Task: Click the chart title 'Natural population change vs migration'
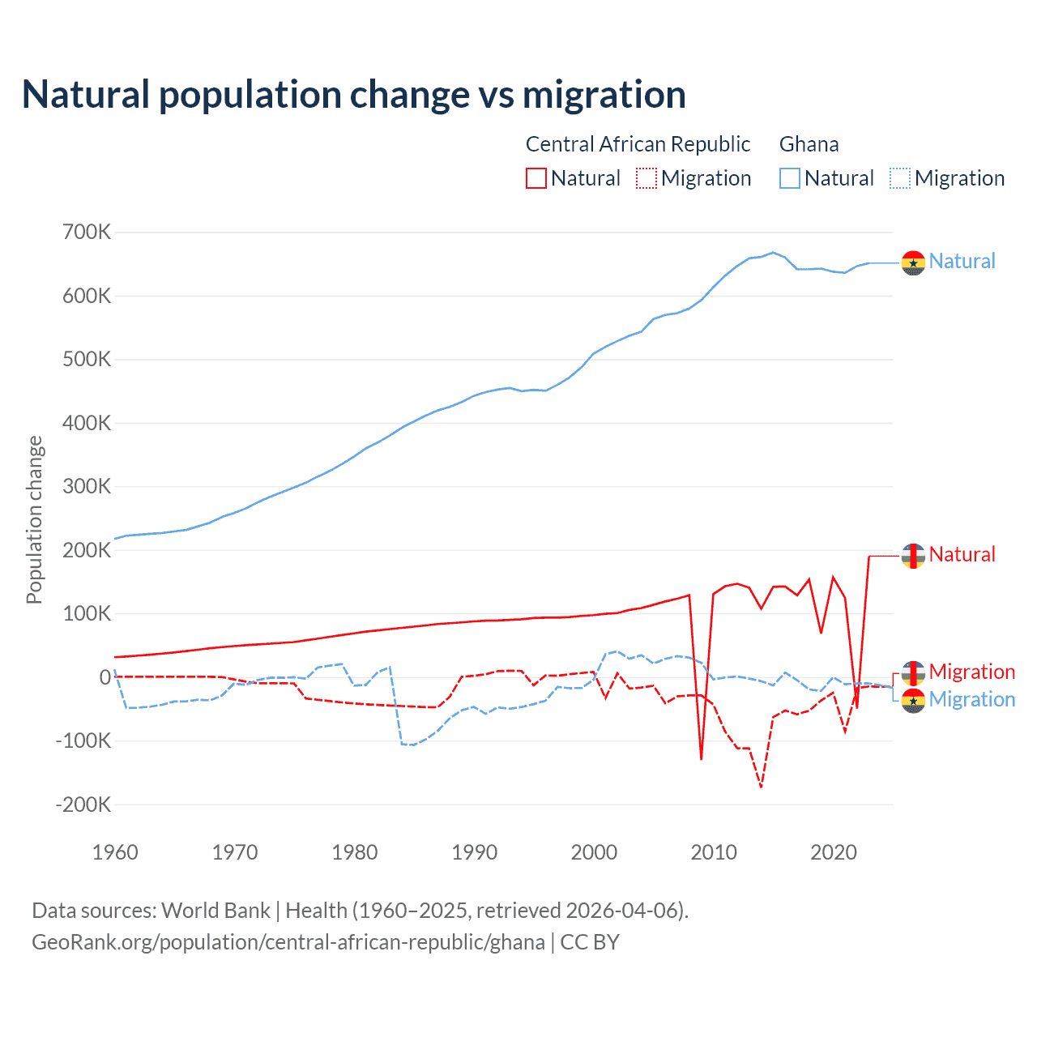[x=354, y=95]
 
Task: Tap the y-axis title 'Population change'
[x=34, y=519]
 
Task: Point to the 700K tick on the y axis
[x=87, y=233]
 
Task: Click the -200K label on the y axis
[x=83, y=804]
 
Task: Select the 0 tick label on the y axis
[x=105, y=677]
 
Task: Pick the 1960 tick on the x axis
[x=115, y=852]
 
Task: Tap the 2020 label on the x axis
[x=833, y=852]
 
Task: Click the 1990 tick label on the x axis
[x=474, y=852]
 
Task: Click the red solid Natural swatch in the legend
[x=536, y=178]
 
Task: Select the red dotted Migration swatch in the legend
[x=647, y=178]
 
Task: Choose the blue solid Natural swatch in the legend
[x=790, y=178]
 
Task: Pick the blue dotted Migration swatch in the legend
[x=900, y=178]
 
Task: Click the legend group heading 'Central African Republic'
[x=638, y=144]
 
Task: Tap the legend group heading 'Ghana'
[x=809, y=144]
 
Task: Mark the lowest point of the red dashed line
[x=761, y=787]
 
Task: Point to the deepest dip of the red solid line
[x=701, y=759]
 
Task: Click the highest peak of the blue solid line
[x=773, y=252]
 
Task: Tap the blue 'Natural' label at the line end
[x=962, y=261]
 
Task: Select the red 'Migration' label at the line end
[x=971, y=672]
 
